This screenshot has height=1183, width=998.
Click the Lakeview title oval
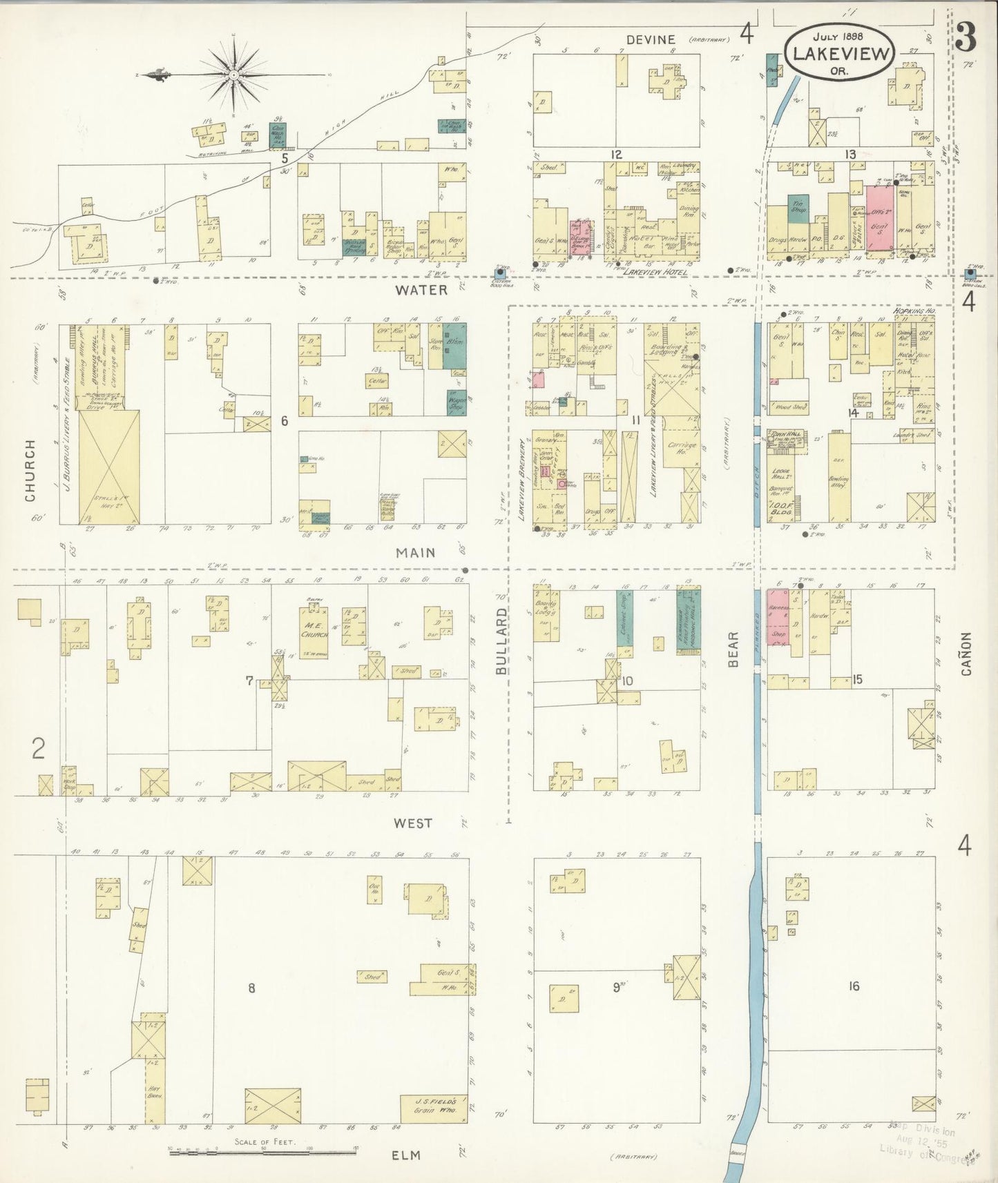[839, 52]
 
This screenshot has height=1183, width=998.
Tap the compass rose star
[235, 74]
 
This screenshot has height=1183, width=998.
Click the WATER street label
[421, 290]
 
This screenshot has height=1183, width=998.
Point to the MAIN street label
[416, 552]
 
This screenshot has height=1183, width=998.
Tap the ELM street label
[406, 1155]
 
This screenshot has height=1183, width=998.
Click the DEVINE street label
[651, 39]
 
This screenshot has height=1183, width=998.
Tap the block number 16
[854, 986]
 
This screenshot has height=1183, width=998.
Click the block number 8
[251, 988]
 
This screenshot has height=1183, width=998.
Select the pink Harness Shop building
[778, 616]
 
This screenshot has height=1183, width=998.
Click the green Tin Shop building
[798, 208]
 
